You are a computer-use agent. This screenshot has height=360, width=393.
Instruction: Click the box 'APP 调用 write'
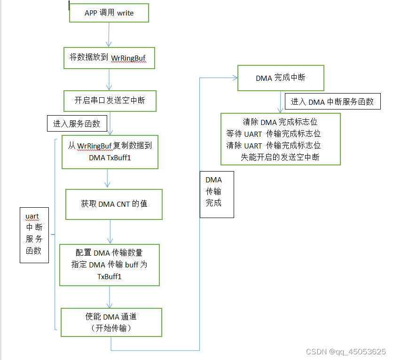(x=109, y=13)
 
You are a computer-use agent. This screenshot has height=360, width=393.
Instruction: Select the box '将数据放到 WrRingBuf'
(x=109, y=57)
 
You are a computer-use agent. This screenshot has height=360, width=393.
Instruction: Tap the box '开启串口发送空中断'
(x=110, y=101)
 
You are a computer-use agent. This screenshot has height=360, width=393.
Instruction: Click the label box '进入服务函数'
(x=77, y=124)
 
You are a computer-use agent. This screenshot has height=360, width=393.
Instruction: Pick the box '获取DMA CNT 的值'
(x=114, y=204)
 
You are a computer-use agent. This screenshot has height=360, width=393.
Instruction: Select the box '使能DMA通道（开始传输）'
(x=111, y=322)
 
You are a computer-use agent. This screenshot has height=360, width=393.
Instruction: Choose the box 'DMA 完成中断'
(x=281, y=78)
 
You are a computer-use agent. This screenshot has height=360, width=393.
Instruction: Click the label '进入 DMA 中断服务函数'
(x=332, y=102)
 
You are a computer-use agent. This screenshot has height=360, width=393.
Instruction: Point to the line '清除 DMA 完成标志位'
(x=280, y=122)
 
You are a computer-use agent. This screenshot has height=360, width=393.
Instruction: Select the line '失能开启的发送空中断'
(x=280, y=157)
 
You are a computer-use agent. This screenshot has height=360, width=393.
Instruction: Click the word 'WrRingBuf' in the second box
(x=128, y=58)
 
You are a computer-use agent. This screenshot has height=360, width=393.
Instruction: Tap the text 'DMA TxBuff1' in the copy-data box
(x=110, y=158)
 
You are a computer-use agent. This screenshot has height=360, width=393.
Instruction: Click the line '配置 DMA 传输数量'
(x=110, y=253)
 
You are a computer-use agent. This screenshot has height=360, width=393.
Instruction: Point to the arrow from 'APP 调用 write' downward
(x=109, y=34)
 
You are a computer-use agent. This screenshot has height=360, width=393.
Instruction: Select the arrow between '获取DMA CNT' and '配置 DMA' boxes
(x=110, y=232)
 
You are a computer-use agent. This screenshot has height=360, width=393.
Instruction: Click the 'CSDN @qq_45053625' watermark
(x=346, y=352)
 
